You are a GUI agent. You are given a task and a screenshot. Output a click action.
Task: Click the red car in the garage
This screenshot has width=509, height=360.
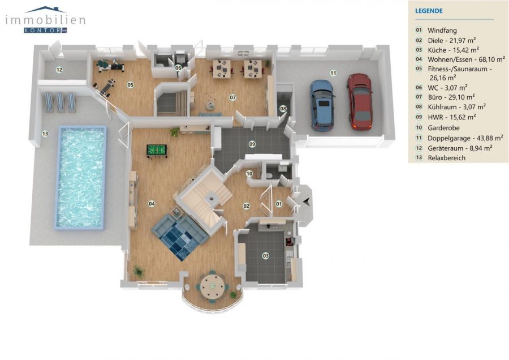360,101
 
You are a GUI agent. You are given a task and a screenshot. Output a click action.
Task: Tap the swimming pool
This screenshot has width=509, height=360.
81,177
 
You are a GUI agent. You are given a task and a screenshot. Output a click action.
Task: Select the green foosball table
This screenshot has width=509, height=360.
157,151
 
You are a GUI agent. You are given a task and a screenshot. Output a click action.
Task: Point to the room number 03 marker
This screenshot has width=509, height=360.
266,256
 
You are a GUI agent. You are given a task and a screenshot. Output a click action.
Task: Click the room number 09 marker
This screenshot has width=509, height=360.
252,144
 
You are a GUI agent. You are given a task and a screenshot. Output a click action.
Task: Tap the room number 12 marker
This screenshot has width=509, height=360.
59,70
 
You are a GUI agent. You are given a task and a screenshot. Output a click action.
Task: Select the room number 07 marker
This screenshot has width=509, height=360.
233,97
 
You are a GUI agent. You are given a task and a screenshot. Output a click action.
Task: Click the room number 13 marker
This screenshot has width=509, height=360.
45,133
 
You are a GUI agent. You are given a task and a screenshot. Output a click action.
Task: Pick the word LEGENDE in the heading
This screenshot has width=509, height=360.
429,11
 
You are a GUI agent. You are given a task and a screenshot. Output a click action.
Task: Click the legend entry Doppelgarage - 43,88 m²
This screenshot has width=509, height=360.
465,138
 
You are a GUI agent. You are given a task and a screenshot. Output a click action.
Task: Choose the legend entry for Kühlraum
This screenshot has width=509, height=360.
456,107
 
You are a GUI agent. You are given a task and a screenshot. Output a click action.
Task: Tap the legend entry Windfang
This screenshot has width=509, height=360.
442,31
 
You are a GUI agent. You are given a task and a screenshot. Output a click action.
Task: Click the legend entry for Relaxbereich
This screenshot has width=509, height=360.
446,158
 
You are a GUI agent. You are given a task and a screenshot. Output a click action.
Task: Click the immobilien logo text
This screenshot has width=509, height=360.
45,20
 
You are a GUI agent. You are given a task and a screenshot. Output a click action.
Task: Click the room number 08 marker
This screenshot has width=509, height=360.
283,109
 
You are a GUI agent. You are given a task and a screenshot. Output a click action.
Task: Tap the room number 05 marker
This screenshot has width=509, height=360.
130,85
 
